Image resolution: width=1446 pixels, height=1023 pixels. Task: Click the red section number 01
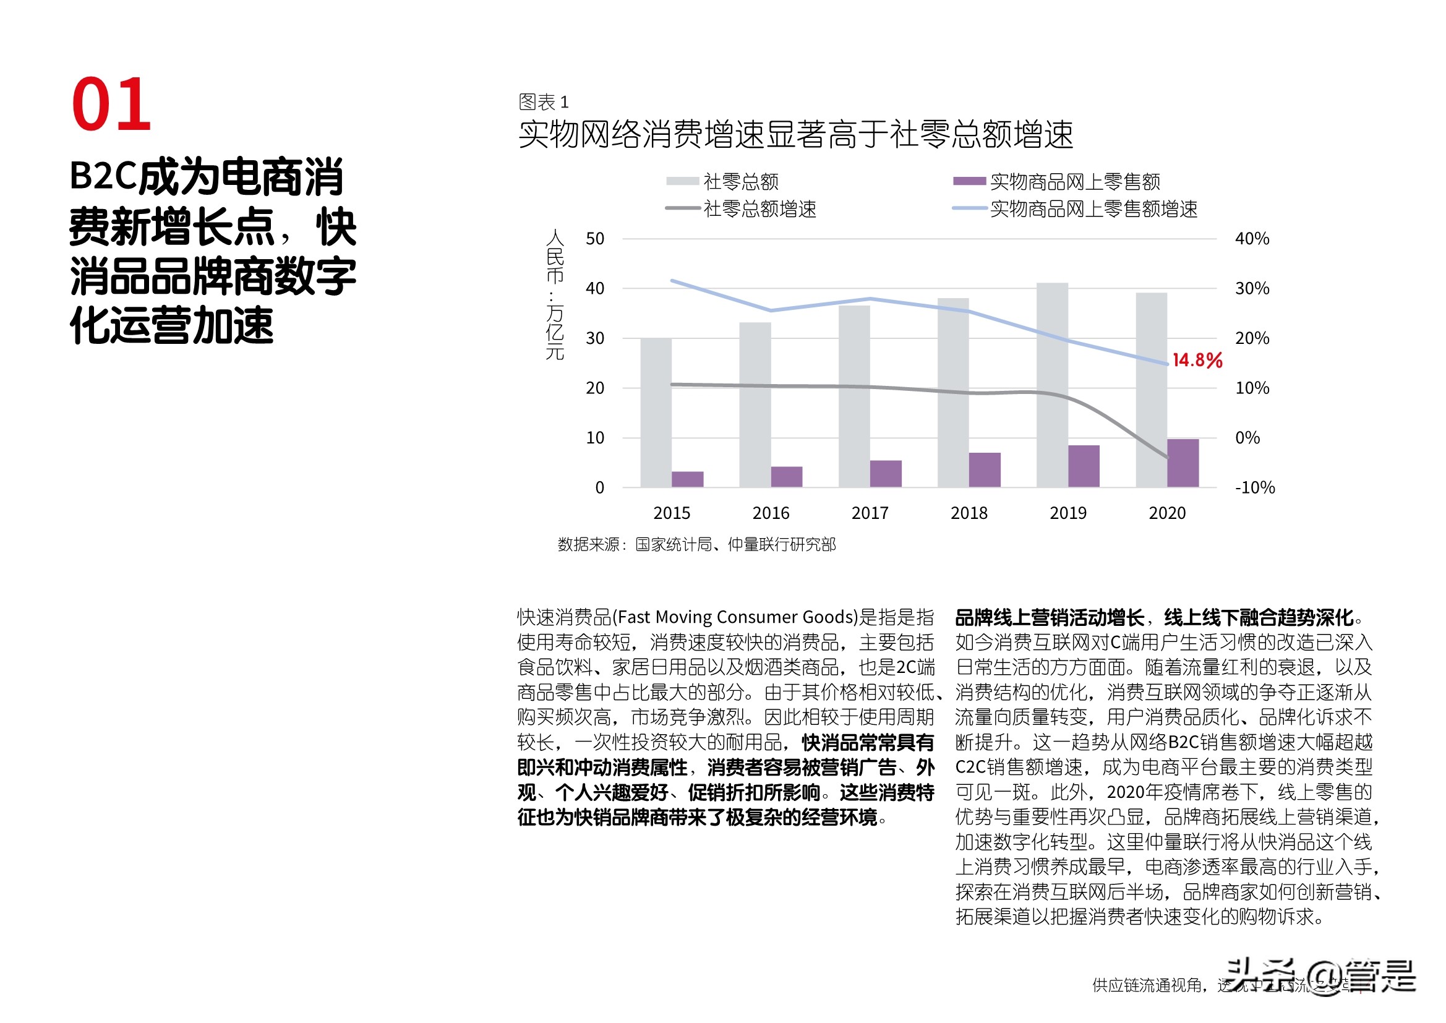[111, 105]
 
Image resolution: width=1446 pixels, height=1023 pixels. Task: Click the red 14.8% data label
[1197, 361]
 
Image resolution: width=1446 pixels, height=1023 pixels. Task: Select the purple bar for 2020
[1183, 463]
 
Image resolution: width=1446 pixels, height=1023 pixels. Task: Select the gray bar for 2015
[656, 413]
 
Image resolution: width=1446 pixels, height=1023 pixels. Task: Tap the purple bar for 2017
[886, 474]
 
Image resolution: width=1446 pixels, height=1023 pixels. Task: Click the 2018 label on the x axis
[969, 513]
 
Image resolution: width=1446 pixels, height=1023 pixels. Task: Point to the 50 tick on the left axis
[594, 239]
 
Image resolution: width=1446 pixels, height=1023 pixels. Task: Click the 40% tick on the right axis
[1252, 239]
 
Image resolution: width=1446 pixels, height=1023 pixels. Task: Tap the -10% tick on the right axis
[1254, 487]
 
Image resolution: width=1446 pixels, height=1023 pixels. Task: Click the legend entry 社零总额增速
[759, 209]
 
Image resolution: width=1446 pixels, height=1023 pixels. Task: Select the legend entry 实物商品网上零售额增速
[1093, 209]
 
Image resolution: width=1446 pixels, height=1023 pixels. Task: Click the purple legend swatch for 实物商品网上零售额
[969, 181]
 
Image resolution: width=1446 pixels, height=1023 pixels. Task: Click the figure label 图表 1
[543, 102]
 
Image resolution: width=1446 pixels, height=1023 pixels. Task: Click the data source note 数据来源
[696, 544]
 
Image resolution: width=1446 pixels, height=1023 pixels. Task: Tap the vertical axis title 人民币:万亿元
[555, 295]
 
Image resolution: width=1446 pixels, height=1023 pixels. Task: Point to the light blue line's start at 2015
[673, 281]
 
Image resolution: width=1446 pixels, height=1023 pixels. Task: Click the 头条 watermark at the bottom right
[1260, 975]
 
